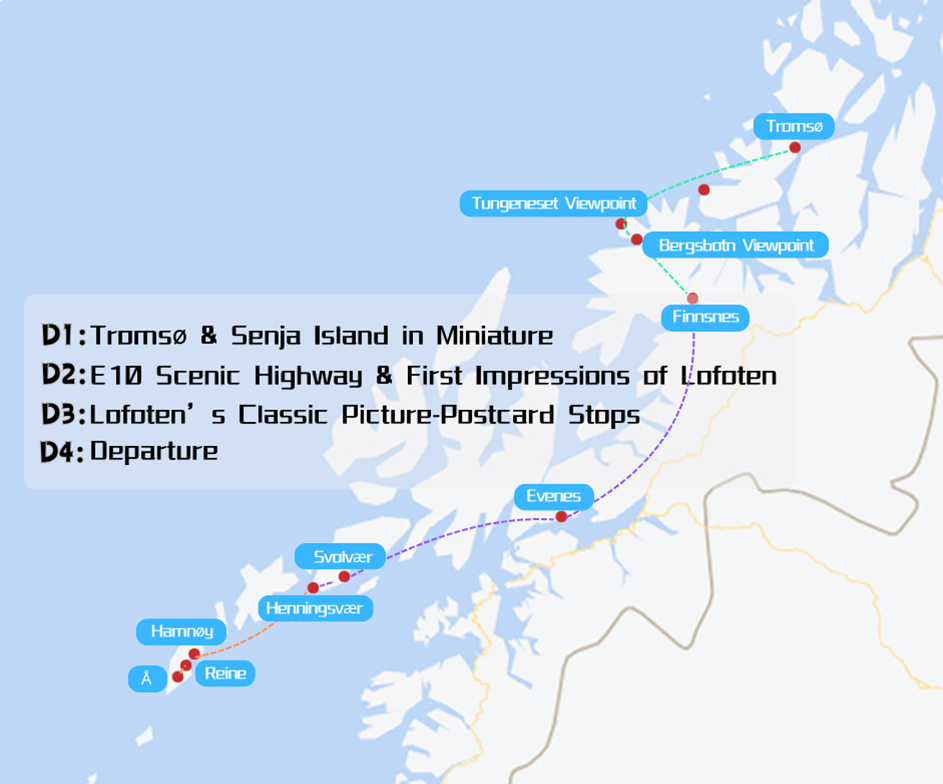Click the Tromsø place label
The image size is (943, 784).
click(794, 126)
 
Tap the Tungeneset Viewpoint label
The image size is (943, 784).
click(553, 204)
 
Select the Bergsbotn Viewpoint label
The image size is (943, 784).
click(735, 245)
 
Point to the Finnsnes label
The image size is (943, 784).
click(705, 318)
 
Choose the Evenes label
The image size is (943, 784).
click(554, 496)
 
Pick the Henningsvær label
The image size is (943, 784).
click(316, 608)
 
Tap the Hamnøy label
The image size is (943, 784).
click(181, 631)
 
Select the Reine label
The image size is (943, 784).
click(225, 673)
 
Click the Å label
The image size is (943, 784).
click(147, 679)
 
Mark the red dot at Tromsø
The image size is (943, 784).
click(795, 148)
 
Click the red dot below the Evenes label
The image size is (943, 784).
click(561, 517)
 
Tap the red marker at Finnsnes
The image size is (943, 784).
click(692, 298)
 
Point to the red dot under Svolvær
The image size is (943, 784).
click(344, 576)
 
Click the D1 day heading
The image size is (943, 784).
click(63, 335)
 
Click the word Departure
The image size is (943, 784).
click(154, 451)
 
